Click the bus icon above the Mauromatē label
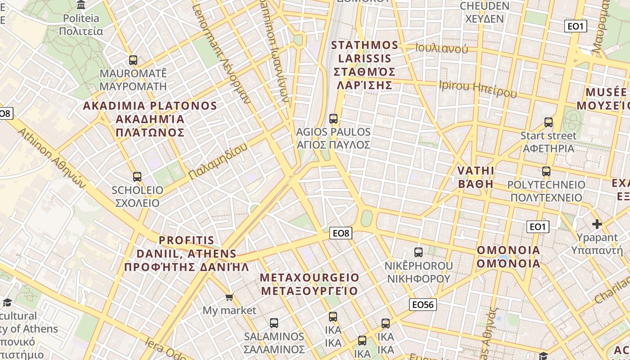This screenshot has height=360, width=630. (x=133, y=60)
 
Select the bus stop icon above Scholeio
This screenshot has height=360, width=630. (x=137, y=177)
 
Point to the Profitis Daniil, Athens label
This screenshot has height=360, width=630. (x=186, y=253)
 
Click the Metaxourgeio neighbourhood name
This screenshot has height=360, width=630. (x=310, y=284)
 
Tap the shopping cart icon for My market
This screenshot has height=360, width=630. (x=229, y=297)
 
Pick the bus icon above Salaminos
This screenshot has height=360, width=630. (x=274, y=323)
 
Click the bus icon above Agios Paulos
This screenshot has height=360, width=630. (x=333, y=119)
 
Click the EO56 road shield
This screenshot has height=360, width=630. (x=423, y=305)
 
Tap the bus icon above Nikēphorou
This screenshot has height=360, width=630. (x=418, y=252)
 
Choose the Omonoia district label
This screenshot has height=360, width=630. (x=508, y=256)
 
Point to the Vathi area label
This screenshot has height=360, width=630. (x=476, y=177)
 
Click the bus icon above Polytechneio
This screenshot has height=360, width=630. (x=546, y=171)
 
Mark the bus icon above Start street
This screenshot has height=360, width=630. (x=548, y=122)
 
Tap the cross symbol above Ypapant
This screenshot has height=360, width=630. (x=597, y=224)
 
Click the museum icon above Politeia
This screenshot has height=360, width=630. (x=81, y=5)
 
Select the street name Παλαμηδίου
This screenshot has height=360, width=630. (x=218, y=162)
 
